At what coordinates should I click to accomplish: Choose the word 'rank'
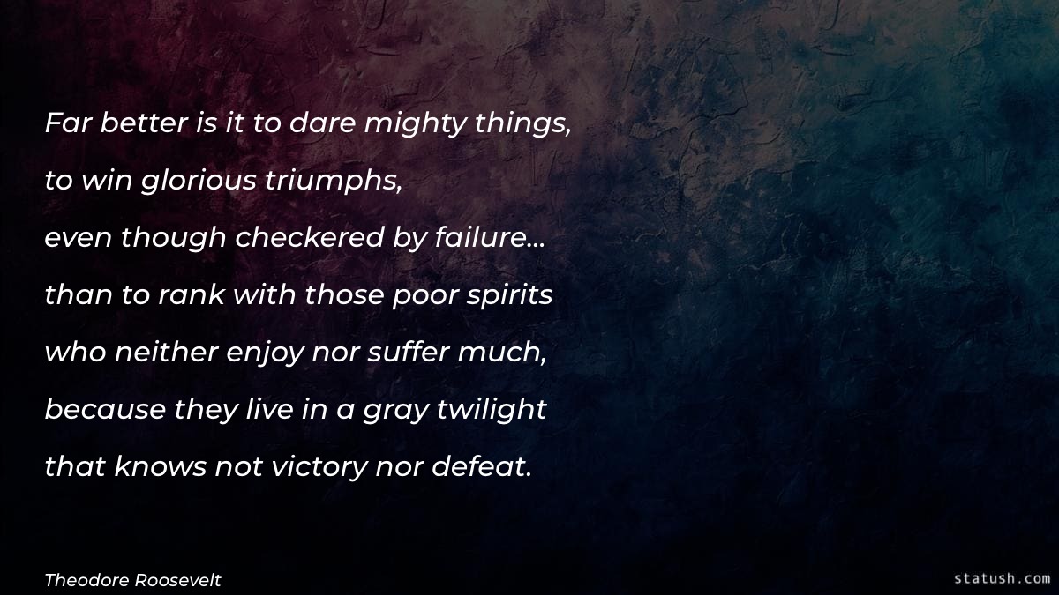192,296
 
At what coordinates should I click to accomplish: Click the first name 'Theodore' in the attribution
84,579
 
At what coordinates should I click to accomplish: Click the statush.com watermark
1002,578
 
